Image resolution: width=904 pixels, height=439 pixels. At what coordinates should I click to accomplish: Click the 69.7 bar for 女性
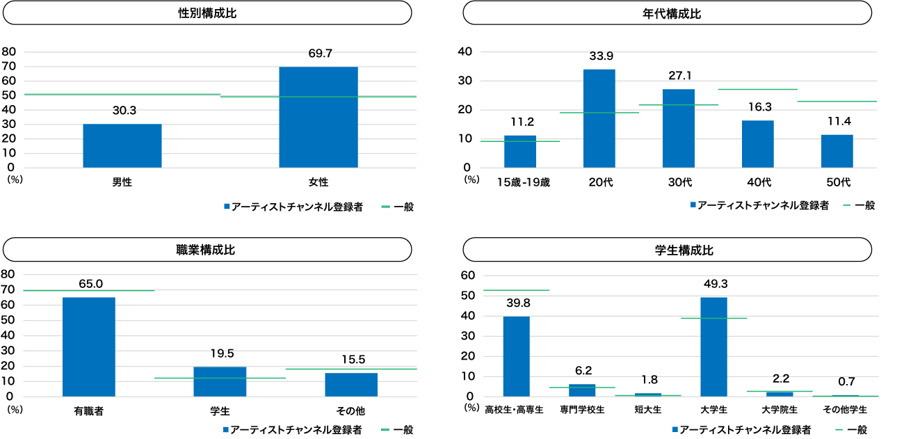tap(318, 117)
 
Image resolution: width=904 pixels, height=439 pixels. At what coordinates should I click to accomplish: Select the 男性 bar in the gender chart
tap(122, 145)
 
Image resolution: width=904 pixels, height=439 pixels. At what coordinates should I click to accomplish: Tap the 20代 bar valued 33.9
tap(599, 118)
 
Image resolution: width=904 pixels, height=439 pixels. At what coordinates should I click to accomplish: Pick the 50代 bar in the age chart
tap(837, 151)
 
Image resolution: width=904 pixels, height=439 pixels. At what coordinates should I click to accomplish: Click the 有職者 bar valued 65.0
tap(89, 346)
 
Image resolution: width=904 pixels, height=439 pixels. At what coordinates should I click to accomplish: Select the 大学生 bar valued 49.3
tap(713, 346)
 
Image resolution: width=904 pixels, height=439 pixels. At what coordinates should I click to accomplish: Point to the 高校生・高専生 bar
tap(516, 356)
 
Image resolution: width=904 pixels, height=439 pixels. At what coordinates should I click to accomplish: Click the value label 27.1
tap(678, 76)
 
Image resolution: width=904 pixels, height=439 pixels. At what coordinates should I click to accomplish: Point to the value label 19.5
tap(220, 353)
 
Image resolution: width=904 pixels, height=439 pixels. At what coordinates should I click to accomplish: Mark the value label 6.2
tap(583, 371)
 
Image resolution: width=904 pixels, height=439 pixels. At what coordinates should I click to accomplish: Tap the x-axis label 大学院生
tap(780, 410)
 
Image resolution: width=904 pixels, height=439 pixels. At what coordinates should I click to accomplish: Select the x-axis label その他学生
tap(845, 410)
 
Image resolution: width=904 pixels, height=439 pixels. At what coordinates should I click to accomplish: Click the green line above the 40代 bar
tap(757, 89)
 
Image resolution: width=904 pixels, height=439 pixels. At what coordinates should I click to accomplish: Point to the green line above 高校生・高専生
tap(516, 290)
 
